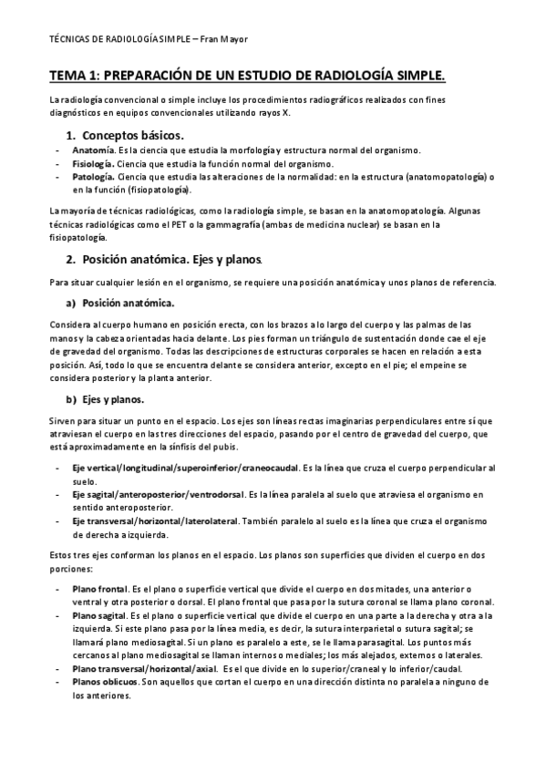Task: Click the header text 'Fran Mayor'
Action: coord(223,41)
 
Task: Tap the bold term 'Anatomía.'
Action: coord(93,150)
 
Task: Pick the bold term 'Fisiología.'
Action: coord(94,163)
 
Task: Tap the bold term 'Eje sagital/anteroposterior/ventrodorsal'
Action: coord(158,494)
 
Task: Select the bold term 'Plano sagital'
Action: coord(99,616)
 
